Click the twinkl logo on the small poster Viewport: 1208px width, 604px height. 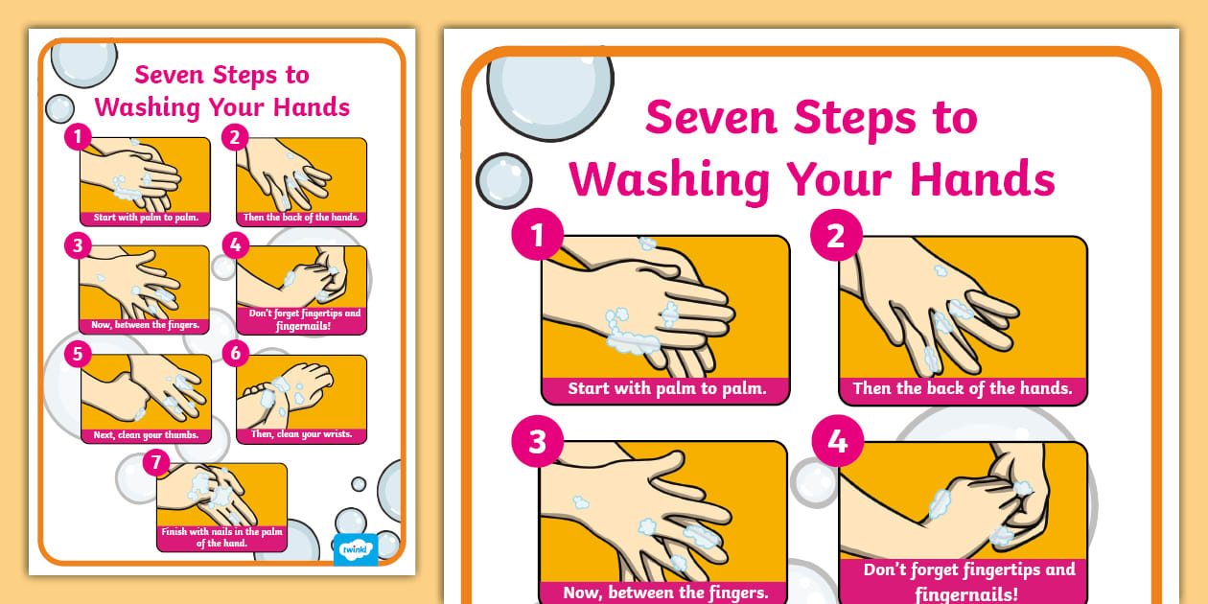(355, 549)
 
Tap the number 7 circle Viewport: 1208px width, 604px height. (155, 463)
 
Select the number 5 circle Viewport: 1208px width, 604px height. (78, 355)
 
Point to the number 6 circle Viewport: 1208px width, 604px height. (235, 354)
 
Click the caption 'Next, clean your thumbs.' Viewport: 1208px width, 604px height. (146, 434)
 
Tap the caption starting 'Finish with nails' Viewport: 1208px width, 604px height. (222, 537)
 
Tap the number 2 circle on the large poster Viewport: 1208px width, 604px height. (836, 236)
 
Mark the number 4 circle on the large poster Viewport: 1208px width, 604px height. (837, 441)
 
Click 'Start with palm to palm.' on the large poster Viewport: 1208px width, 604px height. (666, 389)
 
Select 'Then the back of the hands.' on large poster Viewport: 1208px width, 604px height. (963, 389)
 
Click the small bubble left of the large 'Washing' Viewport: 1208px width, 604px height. (503, 181)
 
